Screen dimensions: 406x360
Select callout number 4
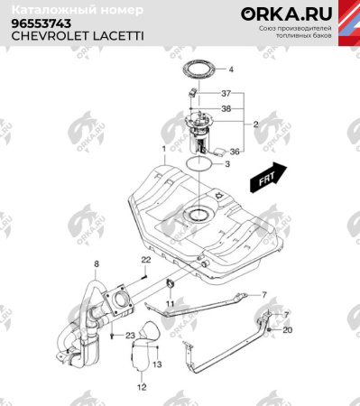[230, 69]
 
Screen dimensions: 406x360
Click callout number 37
[226, 94]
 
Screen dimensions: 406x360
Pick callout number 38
[226, 108]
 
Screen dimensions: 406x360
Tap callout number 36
[234, 151]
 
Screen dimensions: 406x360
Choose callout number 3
[227, 165]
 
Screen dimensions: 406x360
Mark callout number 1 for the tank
[163, 148]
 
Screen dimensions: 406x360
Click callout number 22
[144, 260]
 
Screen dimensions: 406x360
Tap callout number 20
[288, 330]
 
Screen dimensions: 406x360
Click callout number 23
[129, 336]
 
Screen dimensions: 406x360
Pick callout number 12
[141, 387]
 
